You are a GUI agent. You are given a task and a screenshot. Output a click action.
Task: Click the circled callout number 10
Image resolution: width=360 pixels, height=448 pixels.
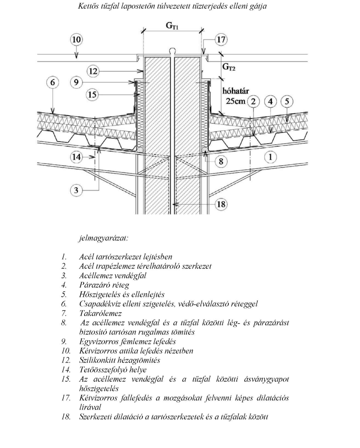[76, 40]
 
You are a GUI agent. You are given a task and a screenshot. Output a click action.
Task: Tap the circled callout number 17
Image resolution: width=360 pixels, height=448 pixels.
[221, 40]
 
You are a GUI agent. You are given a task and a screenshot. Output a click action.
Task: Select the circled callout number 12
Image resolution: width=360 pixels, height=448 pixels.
[93, 71]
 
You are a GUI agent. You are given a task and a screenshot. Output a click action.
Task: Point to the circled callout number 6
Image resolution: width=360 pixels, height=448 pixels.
[53, 82]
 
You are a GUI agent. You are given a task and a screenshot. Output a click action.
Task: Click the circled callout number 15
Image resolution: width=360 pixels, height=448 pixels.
[92, 95]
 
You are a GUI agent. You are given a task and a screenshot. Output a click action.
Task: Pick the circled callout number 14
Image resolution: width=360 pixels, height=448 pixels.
[76, 157]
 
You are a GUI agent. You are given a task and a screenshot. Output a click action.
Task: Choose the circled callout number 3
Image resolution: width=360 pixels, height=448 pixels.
[76, 190]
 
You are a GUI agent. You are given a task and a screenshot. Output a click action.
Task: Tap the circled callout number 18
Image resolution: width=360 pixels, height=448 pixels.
[221, 204]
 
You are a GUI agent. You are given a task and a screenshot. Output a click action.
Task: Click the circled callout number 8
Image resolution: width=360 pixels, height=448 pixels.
[221, 161]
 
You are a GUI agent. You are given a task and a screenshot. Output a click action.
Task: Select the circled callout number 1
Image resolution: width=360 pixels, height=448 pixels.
[270, 157]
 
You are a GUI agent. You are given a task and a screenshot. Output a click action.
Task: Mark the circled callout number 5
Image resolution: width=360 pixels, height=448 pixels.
[287, 102]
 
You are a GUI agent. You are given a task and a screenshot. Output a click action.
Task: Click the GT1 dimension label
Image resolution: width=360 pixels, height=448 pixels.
[172, 26]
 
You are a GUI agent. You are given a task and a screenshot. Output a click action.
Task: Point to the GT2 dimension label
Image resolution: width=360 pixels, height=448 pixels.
[229, 67]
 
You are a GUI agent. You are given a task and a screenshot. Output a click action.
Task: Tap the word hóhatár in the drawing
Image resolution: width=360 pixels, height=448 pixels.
[236, 91]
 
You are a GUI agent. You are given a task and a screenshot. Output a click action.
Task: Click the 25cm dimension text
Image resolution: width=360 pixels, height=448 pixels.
[236, 101]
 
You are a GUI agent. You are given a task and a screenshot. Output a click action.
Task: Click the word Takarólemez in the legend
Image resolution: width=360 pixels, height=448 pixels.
[100, 313]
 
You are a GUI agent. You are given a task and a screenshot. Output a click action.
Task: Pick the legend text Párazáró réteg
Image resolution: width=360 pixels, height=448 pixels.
[104, 285]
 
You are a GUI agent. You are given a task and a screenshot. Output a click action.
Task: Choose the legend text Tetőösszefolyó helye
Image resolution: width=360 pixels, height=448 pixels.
[113, 370]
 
